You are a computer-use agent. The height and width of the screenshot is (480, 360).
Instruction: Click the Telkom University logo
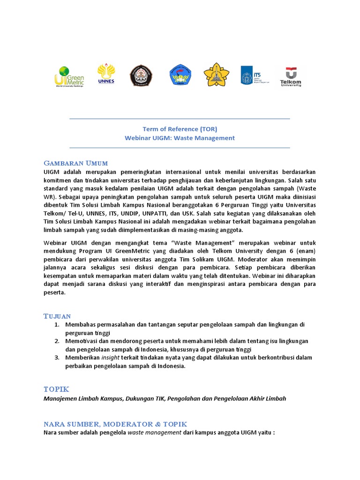[291, 76]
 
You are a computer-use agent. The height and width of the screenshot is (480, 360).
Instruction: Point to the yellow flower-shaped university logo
[217, 75]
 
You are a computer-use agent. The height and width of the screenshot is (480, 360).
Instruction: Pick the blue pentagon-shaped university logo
[180, 75]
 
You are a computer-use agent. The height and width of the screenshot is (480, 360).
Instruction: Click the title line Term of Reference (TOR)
[180, 129]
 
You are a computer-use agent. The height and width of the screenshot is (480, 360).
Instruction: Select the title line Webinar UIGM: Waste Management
[180, 138]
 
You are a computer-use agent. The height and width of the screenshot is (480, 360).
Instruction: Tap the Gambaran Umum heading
[75, 163]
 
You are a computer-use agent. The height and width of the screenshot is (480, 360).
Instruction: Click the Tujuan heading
[57, 316]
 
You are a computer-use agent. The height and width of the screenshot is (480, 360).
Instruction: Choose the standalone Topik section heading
[56, 389]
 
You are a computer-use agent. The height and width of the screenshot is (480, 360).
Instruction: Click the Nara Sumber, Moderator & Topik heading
[115, 424]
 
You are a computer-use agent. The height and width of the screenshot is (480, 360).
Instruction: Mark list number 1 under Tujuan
[56, 324]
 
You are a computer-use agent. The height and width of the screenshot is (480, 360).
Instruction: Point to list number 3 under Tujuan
[56, 358]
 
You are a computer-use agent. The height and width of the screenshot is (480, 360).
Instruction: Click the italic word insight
[111, 358]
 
